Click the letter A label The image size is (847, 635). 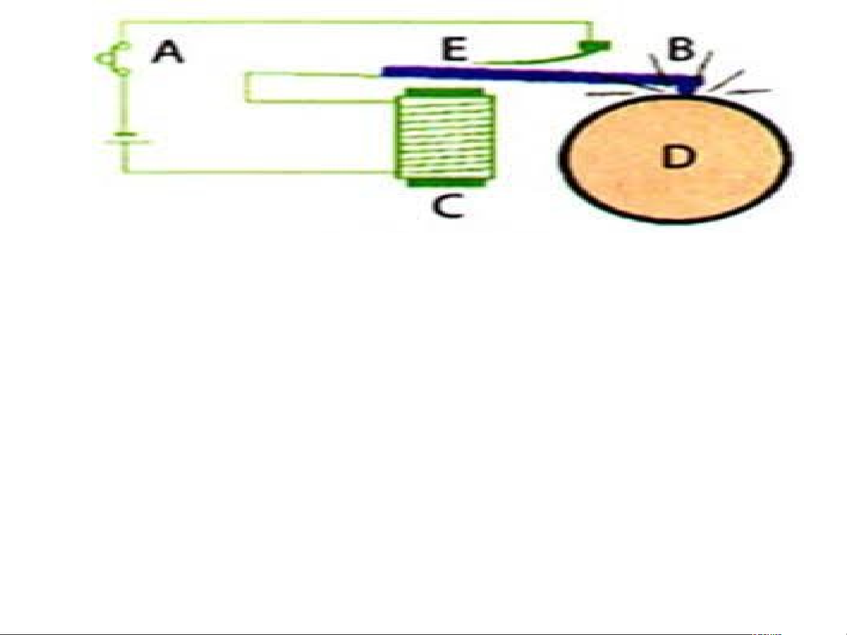tap(168, 52)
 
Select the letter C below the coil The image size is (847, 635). tap(447, 206)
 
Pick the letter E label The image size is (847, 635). tap(454, 49)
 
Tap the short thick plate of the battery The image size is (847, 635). tap(125, 135)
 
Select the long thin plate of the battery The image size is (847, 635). tap(127, 142)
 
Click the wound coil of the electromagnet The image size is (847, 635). tap(446, 137)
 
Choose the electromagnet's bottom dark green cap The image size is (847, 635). tap(447, 183)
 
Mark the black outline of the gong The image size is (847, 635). tap(563, 158)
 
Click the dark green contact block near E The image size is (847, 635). tap(595, 46)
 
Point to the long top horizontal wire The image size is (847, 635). tap(356, 22)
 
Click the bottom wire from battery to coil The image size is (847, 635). tap(259, 171)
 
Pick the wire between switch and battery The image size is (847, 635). tap(124, 103)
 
